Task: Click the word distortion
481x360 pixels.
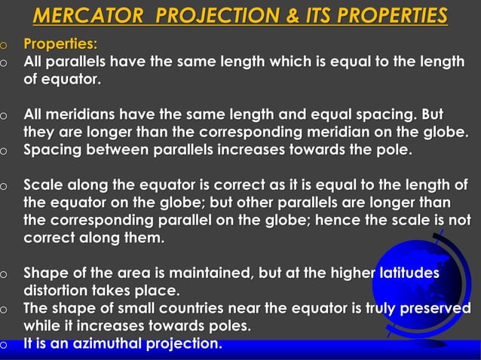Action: click(59, 290)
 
